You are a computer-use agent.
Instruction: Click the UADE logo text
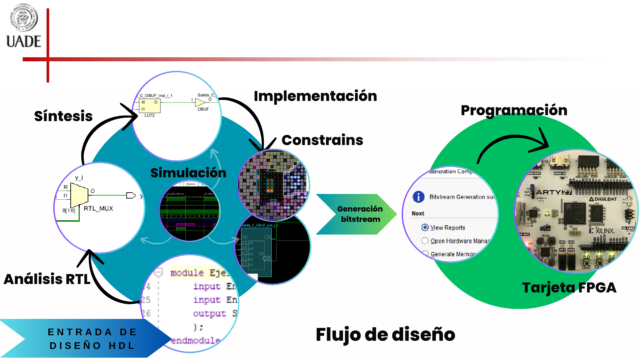pos(24,42)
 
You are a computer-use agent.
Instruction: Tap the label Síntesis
pos(63,116)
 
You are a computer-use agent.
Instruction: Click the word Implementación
pos(315,96)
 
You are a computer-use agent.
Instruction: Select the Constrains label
pos(322,140)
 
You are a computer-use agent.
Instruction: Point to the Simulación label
pos(188,173)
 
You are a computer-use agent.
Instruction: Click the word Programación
pos(514,110)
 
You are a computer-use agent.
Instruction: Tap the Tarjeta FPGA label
pos(569,287)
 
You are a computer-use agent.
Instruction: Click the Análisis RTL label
pos(47,279)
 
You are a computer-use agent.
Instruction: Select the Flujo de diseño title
pos(385,334)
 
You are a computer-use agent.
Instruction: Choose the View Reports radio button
pos(425,227)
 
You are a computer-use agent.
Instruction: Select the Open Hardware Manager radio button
pos(425,241)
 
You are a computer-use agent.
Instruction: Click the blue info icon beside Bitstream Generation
pos(419,197)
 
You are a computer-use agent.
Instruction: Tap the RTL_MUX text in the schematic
pos(98,208)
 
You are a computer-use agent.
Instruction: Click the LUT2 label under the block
pos(149,115)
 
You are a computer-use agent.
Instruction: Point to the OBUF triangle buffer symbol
pos(200,102)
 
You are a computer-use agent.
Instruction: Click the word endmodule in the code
pos(195,341)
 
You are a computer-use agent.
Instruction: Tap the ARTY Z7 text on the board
pos(554,192)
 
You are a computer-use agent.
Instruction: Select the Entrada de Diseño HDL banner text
pos(92,339)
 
